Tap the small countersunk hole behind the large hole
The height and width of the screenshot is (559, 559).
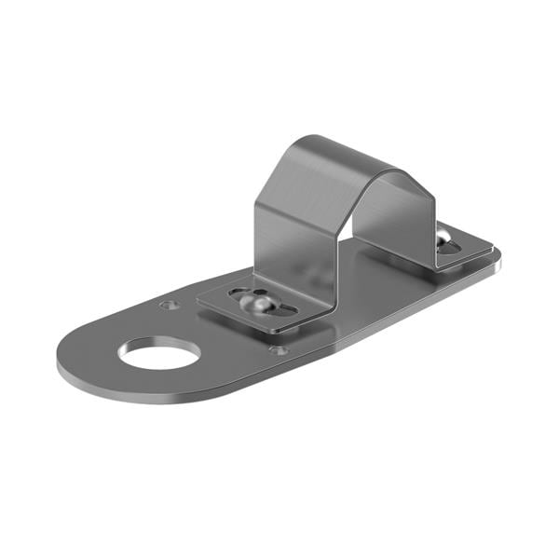[x=168, y=305]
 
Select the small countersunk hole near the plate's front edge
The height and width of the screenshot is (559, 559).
[x=277, y=350]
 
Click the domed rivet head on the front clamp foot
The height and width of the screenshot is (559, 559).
[x=256, y=305]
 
